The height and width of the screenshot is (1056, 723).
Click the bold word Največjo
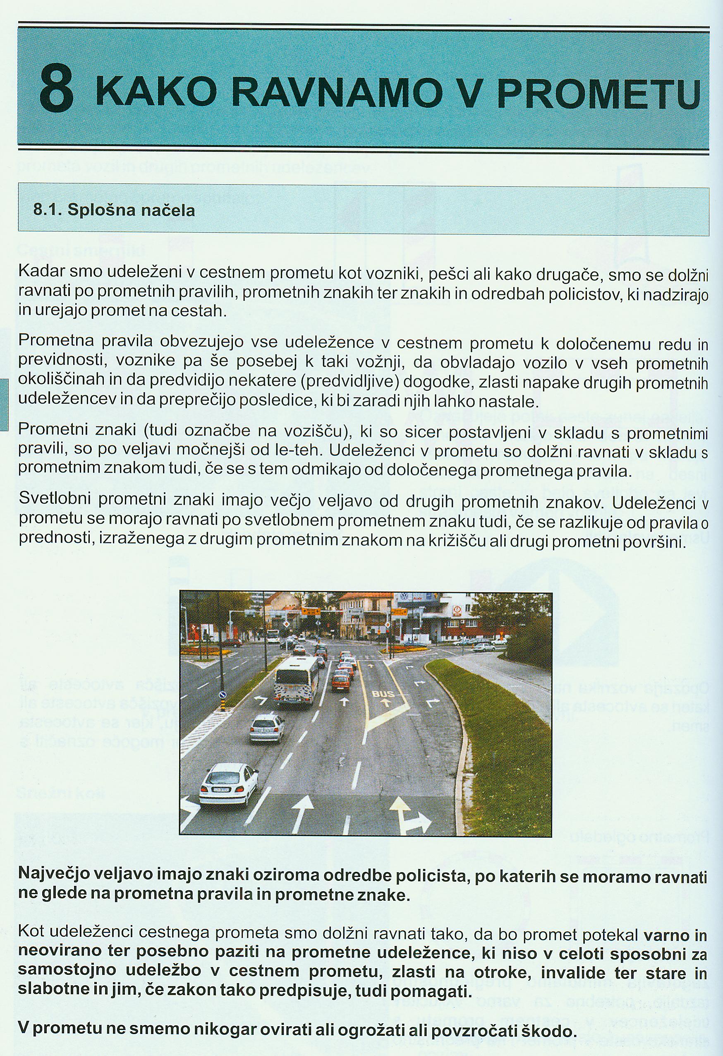click(60, 872)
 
